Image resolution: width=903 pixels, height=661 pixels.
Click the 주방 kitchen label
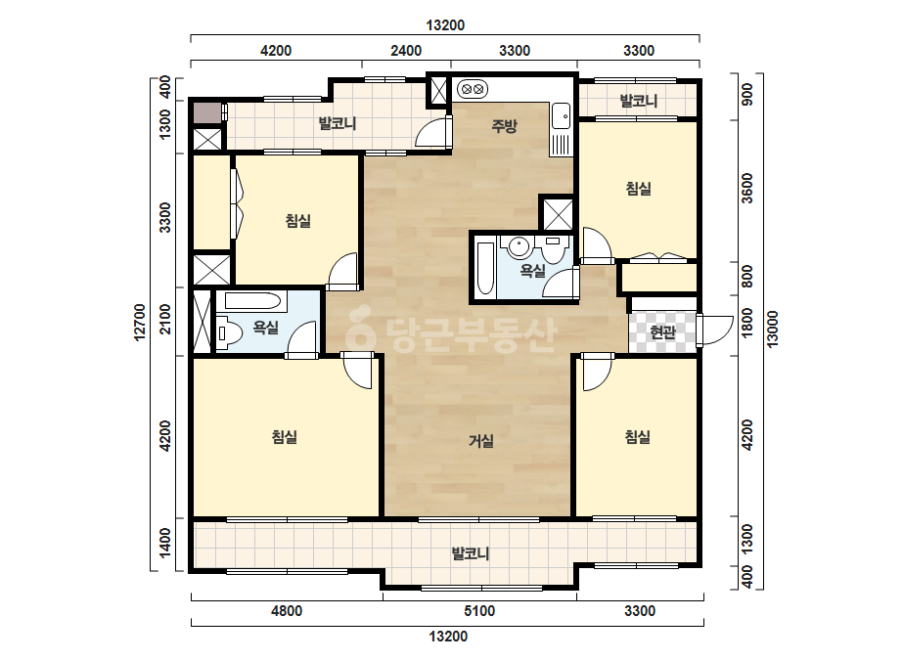click(x=504, y=126)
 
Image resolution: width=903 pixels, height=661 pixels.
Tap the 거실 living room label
click(x=481, y=441)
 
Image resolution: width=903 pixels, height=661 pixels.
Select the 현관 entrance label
click(x=662, y=331)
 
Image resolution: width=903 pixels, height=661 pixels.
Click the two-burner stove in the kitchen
click(x=473, y=89)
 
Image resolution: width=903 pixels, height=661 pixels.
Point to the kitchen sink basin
click(x=561, y=116)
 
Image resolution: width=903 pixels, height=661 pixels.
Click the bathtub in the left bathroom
click(x=252, y=300)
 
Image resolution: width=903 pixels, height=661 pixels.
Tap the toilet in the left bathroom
click(x=229, y=333)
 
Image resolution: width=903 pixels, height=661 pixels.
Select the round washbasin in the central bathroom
click(x=519, y=247)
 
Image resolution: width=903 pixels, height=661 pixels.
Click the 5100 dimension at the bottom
click(x=479, y=610)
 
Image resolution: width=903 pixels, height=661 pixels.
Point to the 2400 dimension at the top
click(x=406, y=51)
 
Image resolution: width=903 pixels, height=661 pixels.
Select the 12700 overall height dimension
click(x=140, y=323)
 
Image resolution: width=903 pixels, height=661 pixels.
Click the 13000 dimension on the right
click(x=772, y=329)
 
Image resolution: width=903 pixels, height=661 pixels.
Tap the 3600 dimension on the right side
click(x=746, y=189)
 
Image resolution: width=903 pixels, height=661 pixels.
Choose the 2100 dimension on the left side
click(x=165, y=319)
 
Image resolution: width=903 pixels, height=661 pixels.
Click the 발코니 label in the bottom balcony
click(x=471, y=553)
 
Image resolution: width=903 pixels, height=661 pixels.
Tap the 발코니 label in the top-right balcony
click(x=638, y=102)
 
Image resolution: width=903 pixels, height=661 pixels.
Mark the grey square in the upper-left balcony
click(x=206, y=112)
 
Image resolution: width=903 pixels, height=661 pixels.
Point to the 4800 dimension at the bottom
click(x=287, y=610)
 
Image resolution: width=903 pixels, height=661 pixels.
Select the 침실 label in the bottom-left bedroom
click(x=284, y=436)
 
